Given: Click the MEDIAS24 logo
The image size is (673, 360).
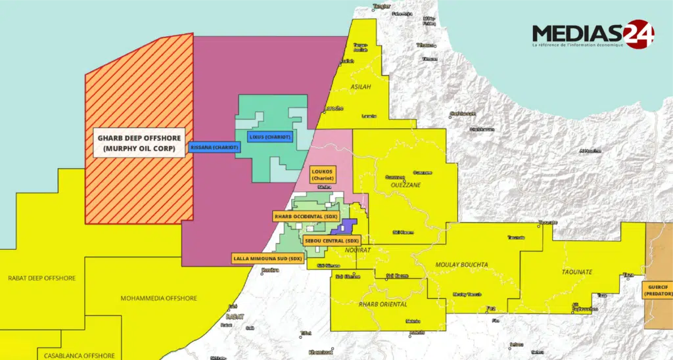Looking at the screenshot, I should pyautogui.click(x=592, y=34).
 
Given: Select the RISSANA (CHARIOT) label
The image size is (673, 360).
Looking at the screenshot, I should pyautogui.click(x=214, y=147).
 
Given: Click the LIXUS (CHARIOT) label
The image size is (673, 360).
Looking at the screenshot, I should pyautogui.click(x=269, y=137).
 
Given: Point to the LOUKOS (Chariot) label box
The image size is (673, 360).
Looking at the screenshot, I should pyautogui.click(x=323, y=173).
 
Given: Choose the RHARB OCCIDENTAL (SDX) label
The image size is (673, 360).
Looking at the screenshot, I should pyautogui.click(x=306, y=215).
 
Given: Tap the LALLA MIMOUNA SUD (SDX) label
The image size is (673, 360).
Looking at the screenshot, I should pyautogui.click(x=267, y=258).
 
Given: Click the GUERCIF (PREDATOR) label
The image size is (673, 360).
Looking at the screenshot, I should pyautogui.click(x=657, y=291).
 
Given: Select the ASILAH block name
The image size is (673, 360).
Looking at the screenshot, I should pyautogui.click(x=361, y=87).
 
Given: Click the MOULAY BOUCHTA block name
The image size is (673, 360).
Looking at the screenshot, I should pyautogui.click(x=461, y=265).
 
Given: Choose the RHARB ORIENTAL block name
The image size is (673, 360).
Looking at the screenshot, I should pyautogui.click(x=383, y=304).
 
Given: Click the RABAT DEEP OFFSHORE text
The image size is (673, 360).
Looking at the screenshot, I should pyautogui.click(x=41, y=278).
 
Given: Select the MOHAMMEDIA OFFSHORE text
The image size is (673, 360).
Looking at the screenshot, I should pyautogui.click(x=158, y=298).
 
